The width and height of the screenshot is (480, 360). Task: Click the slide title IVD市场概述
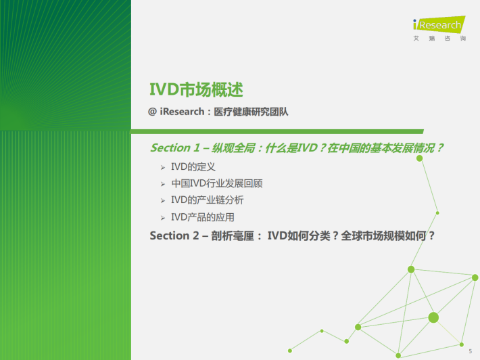click(x=196, y=90)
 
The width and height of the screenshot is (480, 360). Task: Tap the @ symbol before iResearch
click(x=152, y=112)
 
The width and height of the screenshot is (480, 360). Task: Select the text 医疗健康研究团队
click(x=251, y=112)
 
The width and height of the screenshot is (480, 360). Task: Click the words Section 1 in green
click(x=175, y=148)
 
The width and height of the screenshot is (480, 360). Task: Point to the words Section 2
click(x=174, y=235)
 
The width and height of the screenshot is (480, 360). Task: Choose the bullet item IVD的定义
click(x=193, y=166)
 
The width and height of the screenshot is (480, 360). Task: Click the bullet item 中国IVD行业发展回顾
click(x=217, y=183)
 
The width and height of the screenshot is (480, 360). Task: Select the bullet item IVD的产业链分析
click(x=208, y=200)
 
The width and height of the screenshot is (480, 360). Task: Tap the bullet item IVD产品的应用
click(x=203, y=217)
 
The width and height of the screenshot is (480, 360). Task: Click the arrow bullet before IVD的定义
click(x=163, y=167)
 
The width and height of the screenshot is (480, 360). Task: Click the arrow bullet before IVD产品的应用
click(x=163, y=218)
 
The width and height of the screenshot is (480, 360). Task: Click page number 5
click(x=471, y=351)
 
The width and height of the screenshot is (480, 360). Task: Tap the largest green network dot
click(x=433, y=318)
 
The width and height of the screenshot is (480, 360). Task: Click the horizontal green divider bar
click(x=277, y=132)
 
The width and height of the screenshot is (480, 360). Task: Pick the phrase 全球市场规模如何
click(x=383, y=235)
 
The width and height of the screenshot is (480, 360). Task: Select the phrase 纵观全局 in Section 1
click(x=233, y=148)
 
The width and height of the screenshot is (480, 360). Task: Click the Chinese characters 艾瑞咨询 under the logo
click(x=439, y=39)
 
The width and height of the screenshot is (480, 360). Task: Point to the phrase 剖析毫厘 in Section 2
click(x=233, y=235)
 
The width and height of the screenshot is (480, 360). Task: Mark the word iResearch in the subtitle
click(x=182, y=112)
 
